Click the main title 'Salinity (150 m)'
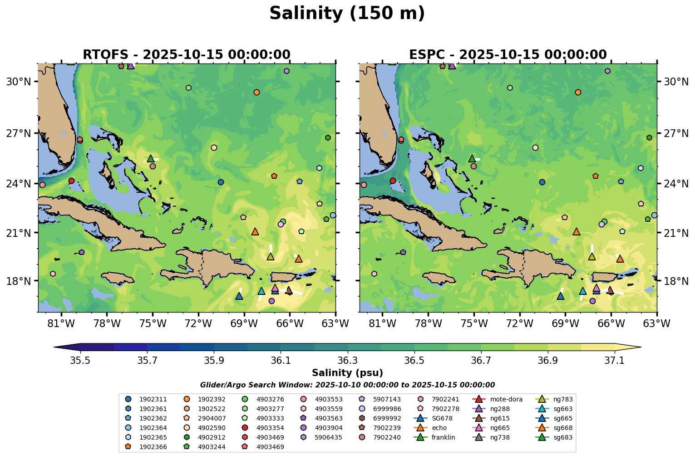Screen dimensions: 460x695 (x=347, y=14)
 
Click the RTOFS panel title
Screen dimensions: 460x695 (x=186, y=55)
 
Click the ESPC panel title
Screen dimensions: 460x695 (x=508, y=55)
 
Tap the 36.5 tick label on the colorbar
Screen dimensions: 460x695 (x=414, y=361)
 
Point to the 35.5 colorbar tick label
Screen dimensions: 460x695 (x=80, y=361)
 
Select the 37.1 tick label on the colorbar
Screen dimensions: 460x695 (x=615, y=361)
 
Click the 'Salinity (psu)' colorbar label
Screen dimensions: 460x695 (x=347, y=373)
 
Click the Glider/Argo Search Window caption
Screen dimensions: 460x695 (x=347, y=385)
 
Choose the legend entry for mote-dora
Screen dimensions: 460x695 (x=506, y=400)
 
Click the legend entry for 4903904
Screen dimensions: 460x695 (x=329, y=428)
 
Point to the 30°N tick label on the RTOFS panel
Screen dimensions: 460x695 (x=18, y=82)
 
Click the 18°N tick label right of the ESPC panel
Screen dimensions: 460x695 (x=676, y=281)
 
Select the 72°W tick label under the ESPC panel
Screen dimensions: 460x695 (x=520, y=323)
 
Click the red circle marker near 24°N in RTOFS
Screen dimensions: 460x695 (x=71, y=181)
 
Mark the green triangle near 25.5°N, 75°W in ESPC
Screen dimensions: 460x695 (x=472, y=158)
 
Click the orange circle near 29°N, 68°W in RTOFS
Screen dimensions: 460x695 (x=256, y=92)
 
